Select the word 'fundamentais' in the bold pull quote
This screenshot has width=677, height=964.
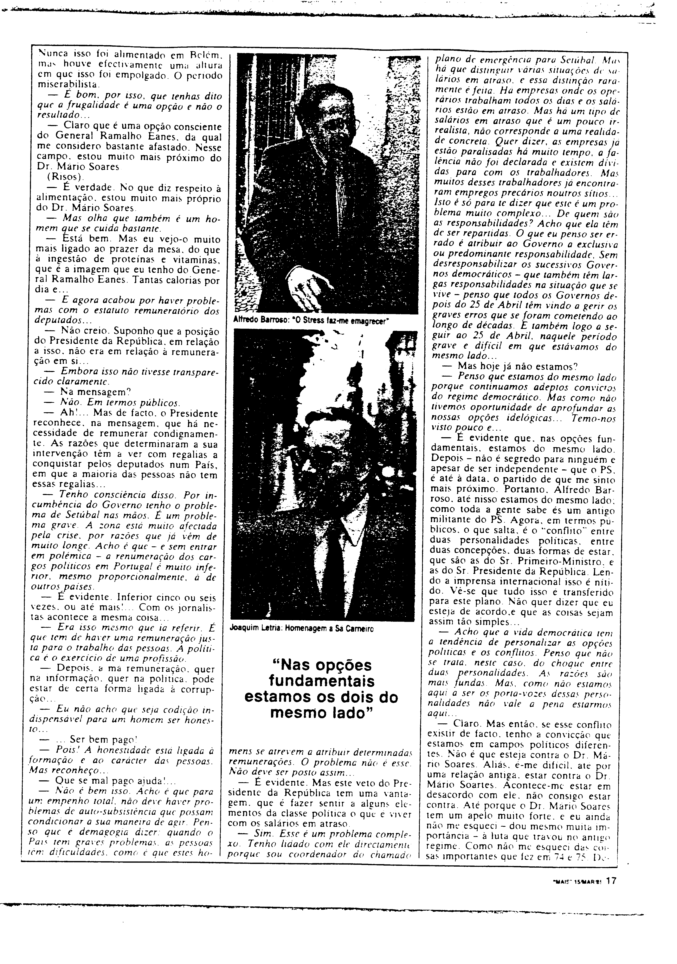321,680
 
